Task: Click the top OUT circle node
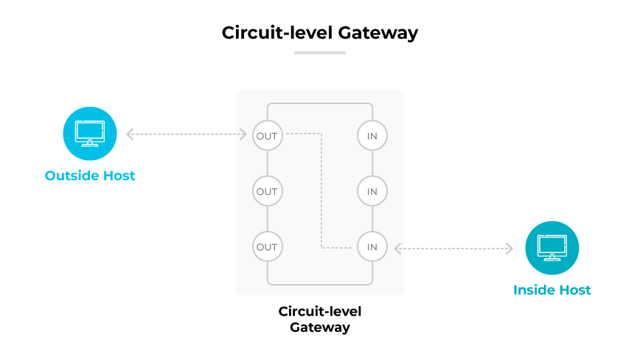267,136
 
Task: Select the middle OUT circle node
267,191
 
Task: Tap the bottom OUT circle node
267,246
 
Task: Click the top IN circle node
372,136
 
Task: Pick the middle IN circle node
372,191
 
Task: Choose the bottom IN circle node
372,246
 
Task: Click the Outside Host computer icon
90,134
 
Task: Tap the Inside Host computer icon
552,248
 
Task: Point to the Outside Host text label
90,176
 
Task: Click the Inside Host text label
552,290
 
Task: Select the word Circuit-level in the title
277,33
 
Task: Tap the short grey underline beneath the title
320,52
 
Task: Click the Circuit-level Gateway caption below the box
320,319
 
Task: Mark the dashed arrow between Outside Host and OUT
187,134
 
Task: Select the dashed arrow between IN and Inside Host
453,249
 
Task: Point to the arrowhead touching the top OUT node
244,134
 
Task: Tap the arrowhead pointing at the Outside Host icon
130,134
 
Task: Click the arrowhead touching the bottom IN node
397,249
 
